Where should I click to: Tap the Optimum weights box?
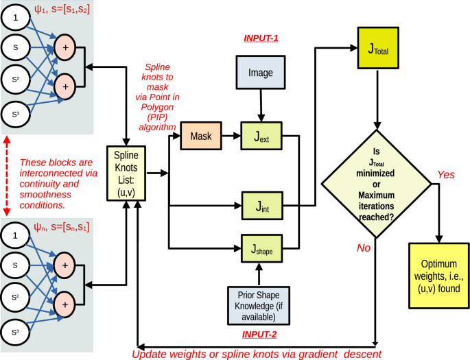pyautogui.click(x=438, y=275)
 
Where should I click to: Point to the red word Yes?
pyautogui.click(x=445, y=175)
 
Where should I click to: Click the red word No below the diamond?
pyautogui.click(x=363, y=248)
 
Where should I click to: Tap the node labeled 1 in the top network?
pyautogui.click(x=16, y=19)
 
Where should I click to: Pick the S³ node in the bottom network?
pyautogui.click(x=16, y=333)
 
